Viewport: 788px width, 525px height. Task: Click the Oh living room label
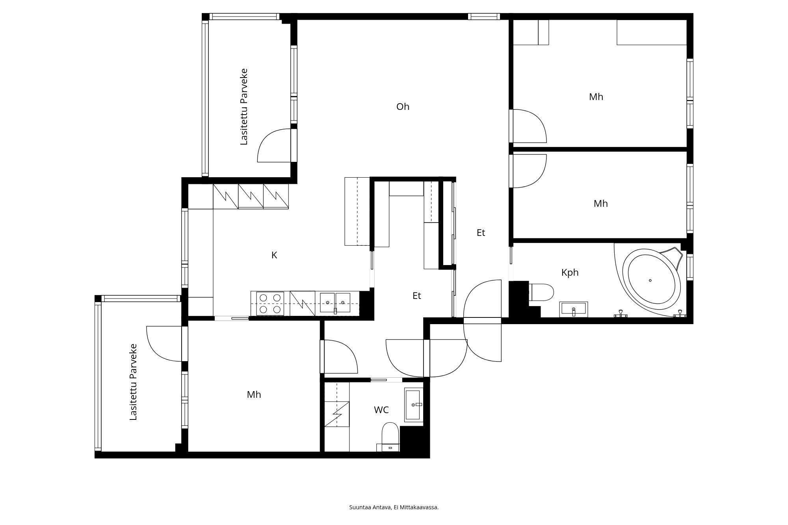(403, 107)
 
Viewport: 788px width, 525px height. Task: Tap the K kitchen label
(274, 255)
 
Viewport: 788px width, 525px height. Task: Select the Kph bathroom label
(570, 273)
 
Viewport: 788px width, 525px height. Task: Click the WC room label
(381, 410)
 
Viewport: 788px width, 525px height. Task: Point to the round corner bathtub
(652, 279)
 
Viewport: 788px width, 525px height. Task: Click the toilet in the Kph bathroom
(541, 292)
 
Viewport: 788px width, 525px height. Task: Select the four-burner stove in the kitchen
(270, 304)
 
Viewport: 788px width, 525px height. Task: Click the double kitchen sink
(335, 303)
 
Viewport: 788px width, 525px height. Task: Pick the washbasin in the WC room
(414, 405)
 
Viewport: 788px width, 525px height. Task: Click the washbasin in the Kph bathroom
(574, 309)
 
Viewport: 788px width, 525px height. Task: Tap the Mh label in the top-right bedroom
(596, 97)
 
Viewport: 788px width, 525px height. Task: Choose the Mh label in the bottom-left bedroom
(254, 395)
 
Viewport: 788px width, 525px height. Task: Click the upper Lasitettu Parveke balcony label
(244, 107)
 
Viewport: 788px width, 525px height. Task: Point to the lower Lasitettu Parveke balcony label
(133, 382)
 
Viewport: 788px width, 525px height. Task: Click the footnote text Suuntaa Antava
(370, 507)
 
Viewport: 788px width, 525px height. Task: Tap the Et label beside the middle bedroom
(481, 233)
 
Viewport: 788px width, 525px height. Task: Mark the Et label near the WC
(417, 296)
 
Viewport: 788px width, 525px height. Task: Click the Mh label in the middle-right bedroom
(601, 204)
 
